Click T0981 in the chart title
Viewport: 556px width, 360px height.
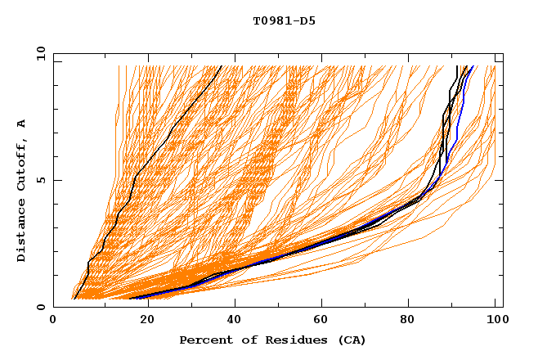(271, 21)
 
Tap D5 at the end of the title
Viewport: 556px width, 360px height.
(307, 21)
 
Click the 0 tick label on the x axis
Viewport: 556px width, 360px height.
(53, 321)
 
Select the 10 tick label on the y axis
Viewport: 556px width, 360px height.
(39, 53)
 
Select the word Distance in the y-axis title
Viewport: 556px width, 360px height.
(22, 228)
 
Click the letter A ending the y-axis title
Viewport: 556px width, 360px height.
(22, 124)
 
